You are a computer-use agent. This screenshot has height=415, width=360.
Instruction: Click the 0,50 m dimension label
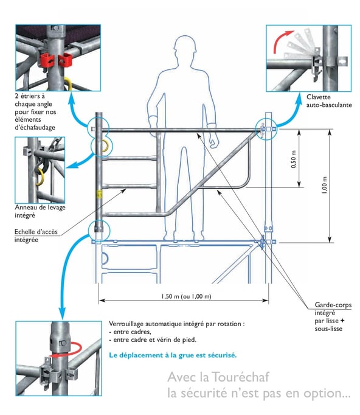click(x=293, y=159)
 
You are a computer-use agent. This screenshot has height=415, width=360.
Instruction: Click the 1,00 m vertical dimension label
click(x=324, y=185)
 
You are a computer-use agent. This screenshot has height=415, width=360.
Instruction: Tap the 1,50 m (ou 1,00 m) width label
click(x=186, y=296)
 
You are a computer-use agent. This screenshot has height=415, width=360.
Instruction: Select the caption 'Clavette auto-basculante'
click(x=329, y=101)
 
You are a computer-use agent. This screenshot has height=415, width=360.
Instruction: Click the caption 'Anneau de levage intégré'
click(x=40, y=211)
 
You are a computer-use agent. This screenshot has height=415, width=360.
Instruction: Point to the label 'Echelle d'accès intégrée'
click(x=36, y=236)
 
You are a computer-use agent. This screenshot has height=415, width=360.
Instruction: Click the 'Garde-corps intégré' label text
click(x=333, y=309)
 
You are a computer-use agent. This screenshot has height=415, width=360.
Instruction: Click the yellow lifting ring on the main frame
click(x=105, y=146)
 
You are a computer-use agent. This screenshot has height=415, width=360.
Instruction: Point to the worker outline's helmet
click(x=185, y=43)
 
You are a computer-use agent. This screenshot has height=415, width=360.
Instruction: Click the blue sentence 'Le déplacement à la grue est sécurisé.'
click(x=173, y=355)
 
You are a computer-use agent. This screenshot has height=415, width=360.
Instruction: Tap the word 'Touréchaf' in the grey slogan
click(x=240, y=377)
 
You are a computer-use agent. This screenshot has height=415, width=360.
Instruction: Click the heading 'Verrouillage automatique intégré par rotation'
click(x=175, y=324)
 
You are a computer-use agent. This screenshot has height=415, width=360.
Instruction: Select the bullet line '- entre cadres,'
click(x=130, y=332)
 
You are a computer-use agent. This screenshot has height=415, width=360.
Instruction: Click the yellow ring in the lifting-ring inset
click(x=39, y=177)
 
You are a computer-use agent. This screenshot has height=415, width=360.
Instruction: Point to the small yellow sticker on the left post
click(x=100, y=194)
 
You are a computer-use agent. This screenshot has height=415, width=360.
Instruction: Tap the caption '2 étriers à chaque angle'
click(x=33, y=100)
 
